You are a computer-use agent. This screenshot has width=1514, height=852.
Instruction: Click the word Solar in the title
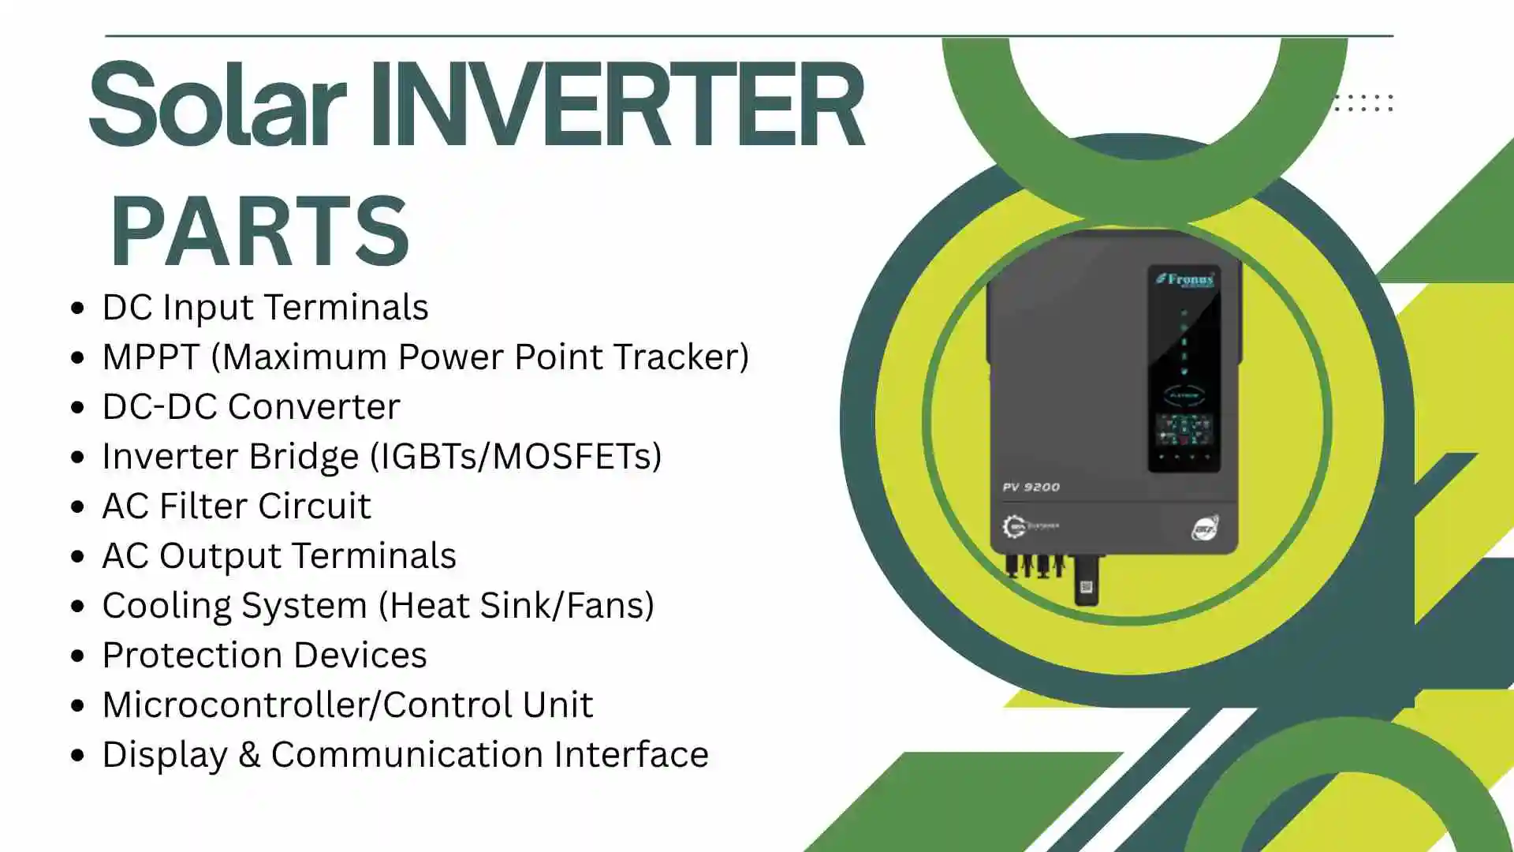pyautogui.click(x=217, y=105)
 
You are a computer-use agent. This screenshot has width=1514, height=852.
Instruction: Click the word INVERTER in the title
pyautogui.click(x=617, y=105)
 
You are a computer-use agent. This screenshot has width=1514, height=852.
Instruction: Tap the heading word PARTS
pyautogui.click(x=259, y=231)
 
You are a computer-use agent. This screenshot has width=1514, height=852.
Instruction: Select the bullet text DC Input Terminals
pyautogui.click(x=265, y=308)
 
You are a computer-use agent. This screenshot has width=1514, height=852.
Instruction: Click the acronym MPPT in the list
pyautogui.click(x=151, y=357)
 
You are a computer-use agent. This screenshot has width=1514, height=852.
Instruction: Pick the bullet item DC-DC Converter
pyautogui.click(x=251, y=407)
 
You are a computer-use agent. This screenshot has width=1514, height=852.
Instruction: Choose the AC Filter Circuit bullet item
pyautogui.click(x=237, y=506)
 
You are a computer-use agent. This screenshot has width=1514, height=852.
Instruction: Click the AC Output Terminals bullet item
pyautogui.click(x=279, y=556)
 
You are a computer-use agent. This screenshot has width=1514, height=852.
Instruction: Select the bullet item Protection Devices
pyautogui.click(x=264, y=656)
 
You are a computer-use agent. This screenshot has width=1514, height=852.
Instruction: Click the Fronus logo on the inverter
pyautogui.click(x=1184, y=279)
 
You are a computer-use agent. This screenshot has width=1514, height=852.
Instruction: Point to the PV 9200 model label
pyautogui.click(x=1031, y=488)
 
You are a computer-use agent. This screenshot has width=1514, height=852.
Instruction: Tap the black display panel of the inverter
pyautogui.click(x=1184, y=371)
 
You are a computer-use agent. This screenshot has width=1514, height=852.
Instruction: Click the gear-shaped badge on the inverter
pyautogui.click(x=1013, y=526)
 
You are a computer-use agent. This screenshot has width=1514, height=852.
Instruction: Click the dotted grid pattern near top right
pyautogui.click(x=1363, y=103)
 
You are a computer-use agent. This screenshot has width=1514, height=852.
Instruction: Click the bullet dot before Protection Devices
pyautogui.click(x=77, y=656)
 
